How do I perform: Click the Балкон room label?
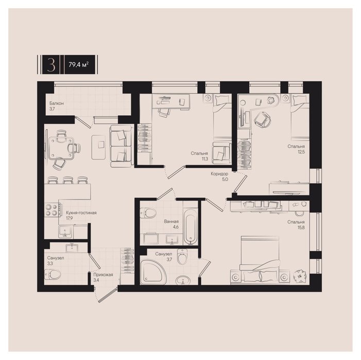pyautogui.click(x=57, y=103)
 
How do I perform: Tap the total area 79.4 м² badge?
pyautogui.click(x=78, y=65)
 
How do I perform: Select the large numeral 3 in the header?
pyautogui.click(x=51, y=65)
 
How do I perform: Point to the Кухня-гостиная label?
pyautogui.click(x=81, y=213)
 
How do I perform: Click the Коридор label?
pyautogui.click(x=219, y=174)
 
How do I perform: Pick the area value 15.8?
pyautogui.click(x=301, y=228)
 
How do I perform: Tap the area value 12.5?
pyautogui.click(x=301, y=152)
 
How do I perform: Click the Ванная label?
pyautogui.click(x=171, y=222)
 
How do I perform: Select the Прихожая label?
pyautogui.click(x=103, y=275)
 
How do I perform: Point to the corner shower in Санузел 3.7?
pyautogui.click(x=153, y=272)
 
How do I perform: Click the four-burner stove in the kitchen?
pyautogui.click(x=52, y=210)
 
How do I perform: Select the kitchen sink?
pyautogui.click(x=65, y=232)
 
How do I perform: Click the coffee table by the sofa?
pyautogui.click(x=98, y=147)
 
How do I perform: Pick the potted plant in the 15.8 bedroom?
pyautogui.click(x=300, y=276)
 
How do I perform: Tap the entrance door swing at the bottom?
pyautogui.click(x=107, y=295)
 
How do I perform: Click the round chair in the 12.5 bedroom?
pyautogui.click(x=263, y=119)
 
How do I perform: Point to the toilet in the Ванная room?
pyautogui.click(x=148, y=213)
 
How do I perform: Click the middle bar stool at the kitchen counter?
pyautogui.click(x=67, y=180)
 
